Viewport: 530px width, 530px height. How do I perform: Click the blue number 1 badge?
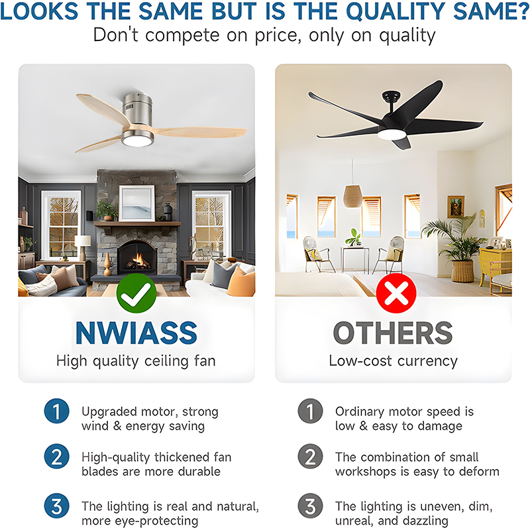(x=56, y=411)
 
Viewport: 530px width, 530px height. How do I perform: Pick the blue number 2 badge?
(x=56, y=457)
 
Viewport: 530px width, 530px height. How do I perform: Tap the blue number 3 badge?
(x=56, y=506)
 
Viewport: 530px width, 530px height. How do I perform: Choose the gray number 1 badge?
(x=309, y=411)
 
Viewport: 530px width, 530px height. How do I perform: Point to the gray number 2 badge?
(x=309, y=457)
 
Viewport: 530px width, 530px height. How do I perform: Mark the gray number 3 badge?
(x=309, y=506)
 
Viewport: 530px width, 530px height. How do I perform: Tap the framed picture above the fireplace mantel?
(x=136, y=203)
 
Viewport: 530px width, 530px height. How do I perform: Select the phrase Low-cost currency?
(x=394, y=361)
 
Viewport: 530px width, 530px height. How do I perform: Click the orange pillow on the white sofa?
(x=242, y=281)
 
